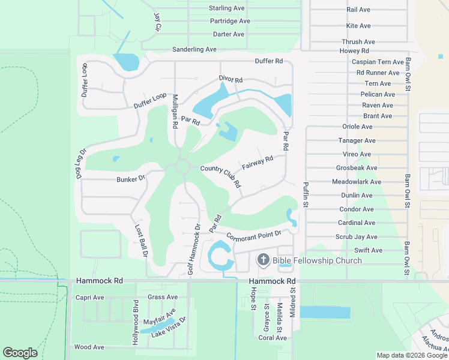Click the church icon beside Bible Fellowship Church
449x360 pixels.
click(263, 260)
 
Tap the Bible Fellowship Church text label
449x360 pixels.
click(317, 260)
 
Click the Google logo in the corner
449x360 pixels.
click(20, 352)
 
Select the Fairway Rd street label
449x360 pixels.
click(258, 162)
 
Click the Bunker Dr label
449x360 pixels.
click(131, 179)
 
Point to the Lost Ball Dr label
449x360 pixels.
click(141, 241)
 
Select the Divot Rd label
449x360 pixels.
click(231, 80)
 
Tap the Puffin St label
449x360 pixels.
click(306, 195)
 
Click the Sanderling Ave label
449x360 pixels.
click(194, 49)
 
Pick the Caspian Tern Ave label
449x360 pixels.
click(378, 62)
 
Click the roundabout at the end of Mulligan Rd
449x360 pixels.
click(182, 166)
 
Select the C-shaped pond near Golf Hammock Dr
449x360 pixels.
click(218, 256)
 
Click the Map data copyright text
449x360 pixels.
click(412, 355)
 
